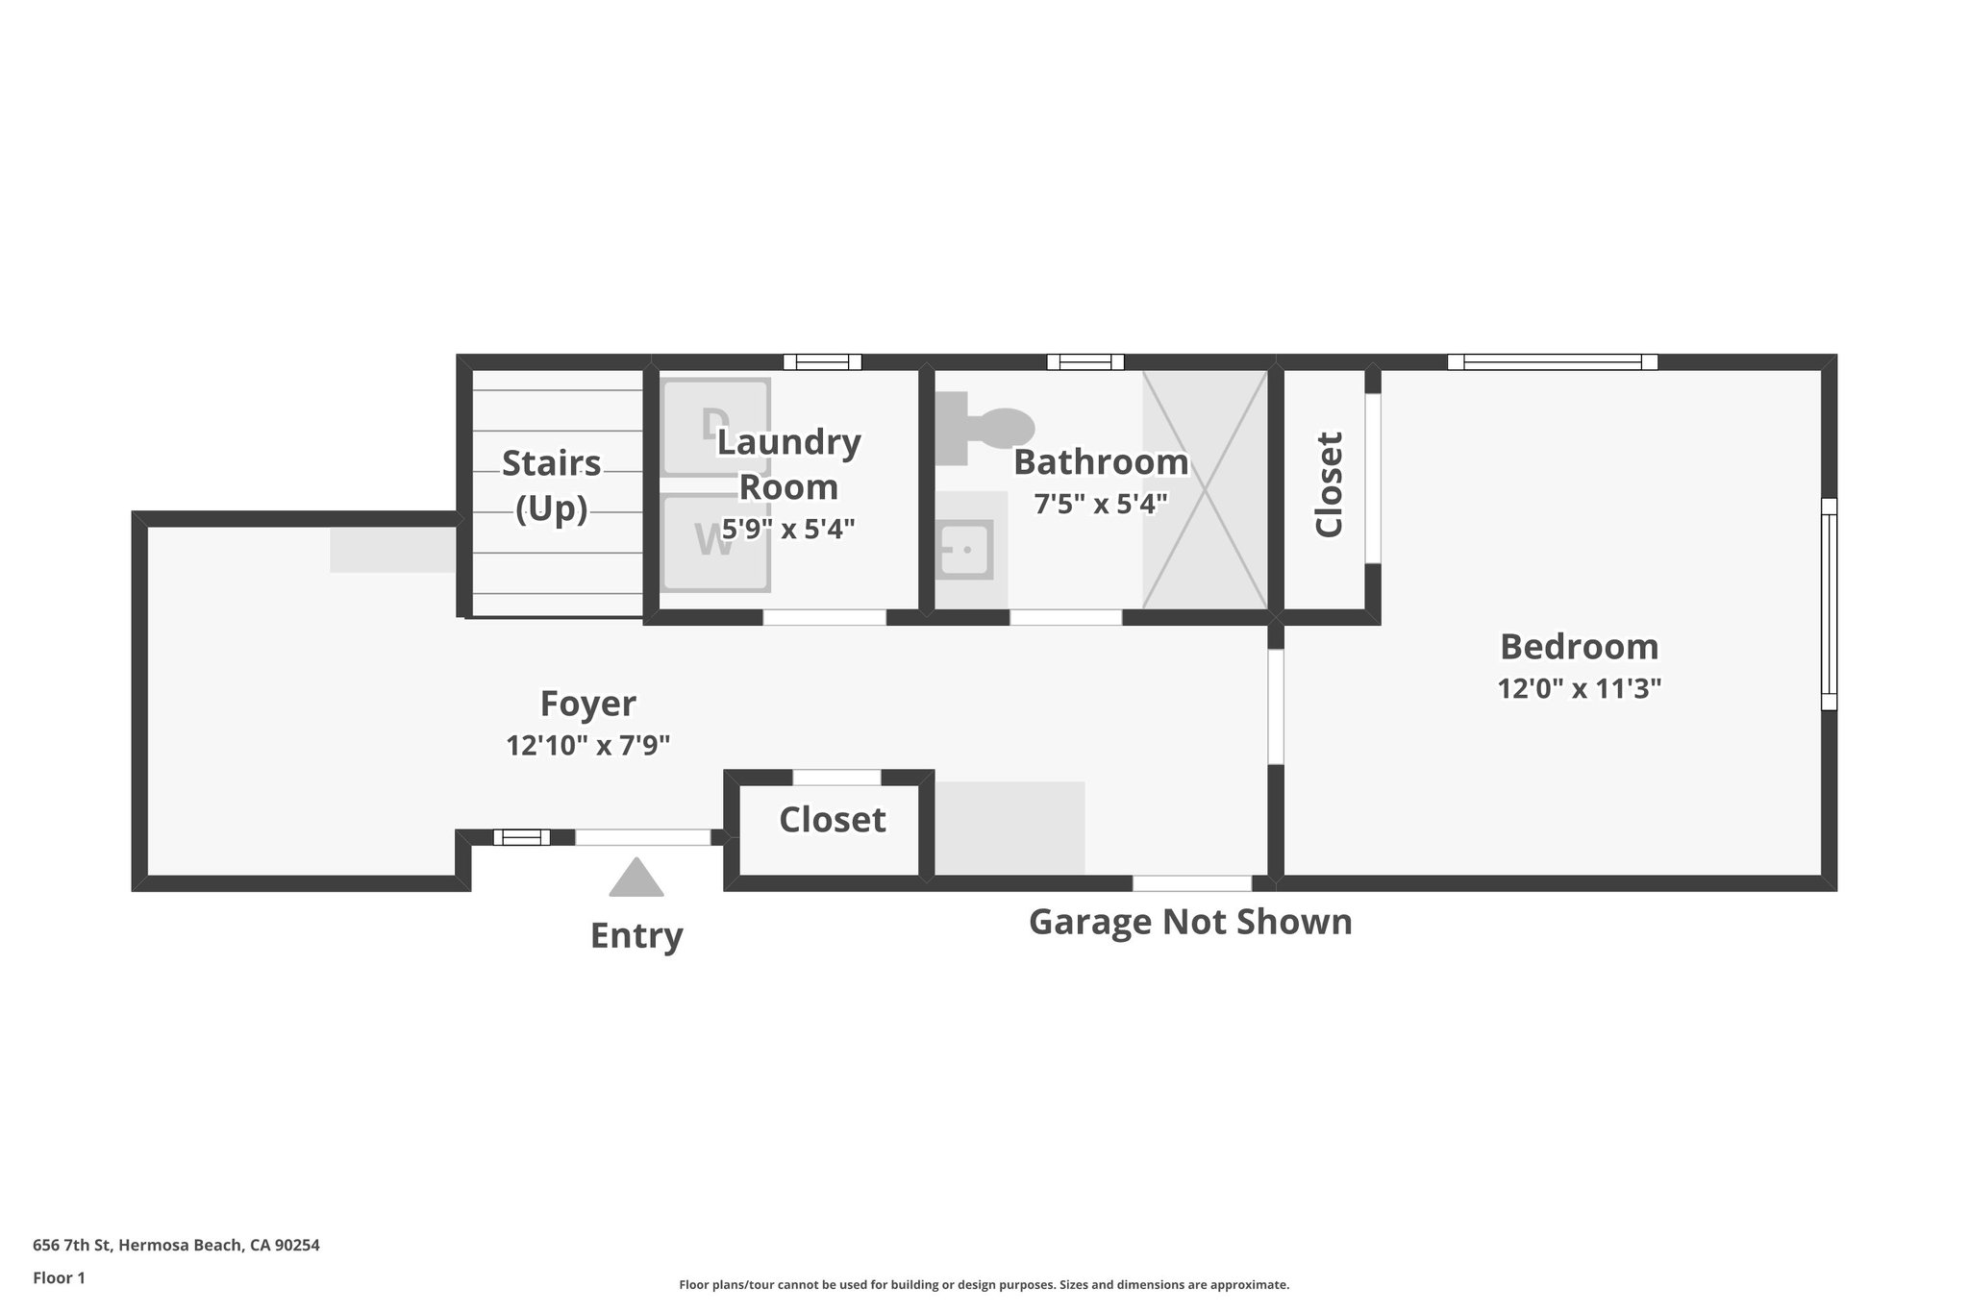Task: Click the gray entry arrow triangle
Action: click(x=636, y=879)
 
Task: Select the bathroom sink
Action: click(x=963, y=550)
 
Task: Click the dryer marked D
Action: click(x=715, y=427)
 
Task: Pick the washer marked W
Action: click(x=715, y=542)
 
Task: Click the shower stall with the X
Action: click(x=1205, y=489)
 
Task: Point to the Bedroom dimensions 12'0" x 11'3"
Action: click(x=1579, y=688)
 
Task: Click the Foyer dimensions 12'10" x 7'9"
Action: click(x=587, y=745)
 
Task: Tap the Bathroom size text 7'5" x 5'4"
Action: click(x=1100, y=503)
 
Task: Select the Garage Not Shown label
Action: click(x=1189, y=922)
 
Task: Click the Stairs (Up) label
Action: click(x=551, y=485)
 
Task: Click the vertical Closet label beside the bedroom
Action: click(x=1329, y=484)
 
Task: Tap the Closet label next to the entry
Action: click(x=832, y=820)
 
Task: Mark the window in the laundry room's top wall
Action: click(x=822, y=362)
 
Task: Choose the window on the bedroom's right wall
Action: click(x=1829, y=604)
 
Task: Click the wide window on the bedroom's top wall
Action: click(x=1553, y=362)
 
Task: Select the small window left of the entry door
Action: click(x=521, y=837)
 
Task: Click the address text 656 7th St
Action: click(x=176, y=1246)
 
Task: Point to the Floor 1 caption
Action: click(x=59, y=1278)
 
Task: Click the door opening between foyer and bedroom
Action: click(x=1275, y=706)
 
